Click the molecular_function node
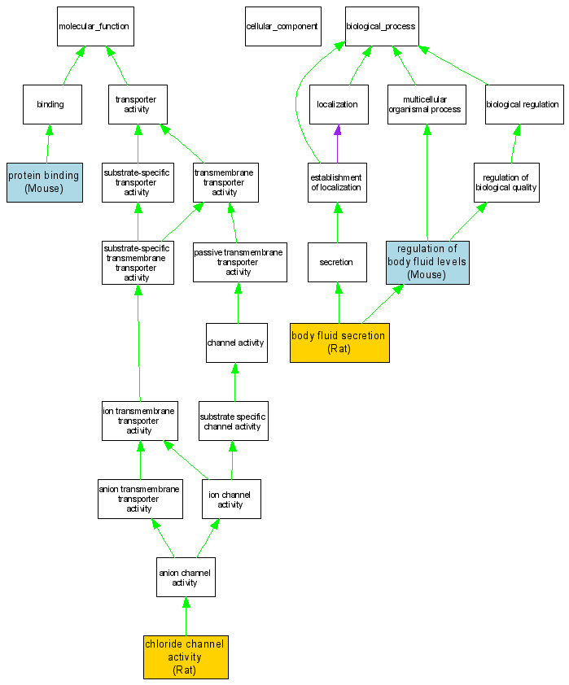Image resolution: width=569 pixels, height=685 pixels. (94, 27)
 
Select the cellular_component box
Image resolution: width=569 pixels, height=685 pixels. (282, 27)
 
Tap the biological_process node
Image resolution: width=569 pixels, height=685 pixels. (380, 27)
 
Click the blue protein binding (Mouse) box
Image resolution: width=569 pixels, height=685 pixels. (45, 181)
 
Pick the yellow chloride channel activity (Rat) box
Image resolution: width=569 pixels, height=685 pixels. (186, 657)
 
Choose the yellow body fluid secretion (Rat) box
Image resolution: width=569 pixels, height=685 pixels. (339, 342)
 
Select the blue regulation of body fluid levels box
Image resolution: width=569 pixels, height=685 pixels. (427, 262)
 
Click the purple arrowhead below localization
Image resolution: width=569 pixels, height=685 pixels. (337, 130)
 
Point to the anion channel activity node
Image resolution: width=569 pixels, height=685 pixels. (186, 577)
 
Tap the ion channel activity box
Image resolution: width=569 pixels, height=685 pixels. (231, 499)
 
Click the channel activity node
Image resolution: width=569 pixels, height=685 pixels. (236, 342)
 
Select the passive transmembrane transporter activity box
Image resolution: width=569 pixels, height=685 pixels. (239, 262)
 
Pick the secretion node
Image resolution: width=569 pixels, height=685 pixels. (337, 262)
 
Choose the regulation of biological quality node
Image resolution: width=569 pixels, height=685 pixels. (506, 182)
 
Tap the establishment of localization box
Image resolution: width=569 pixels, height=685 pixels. (337, 182)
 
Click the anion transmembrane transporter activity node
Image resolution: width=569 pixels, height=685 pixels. (139, 499)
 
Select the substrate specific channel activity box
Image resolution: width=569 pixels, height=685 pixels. (233, 421)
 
